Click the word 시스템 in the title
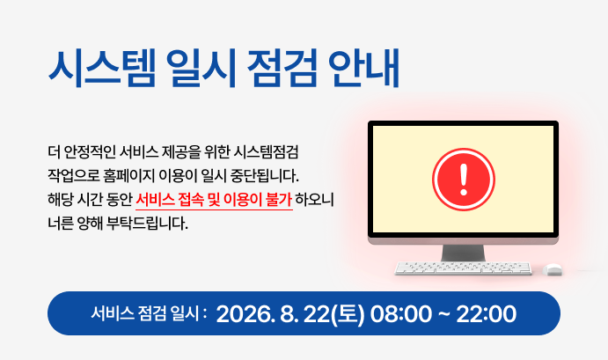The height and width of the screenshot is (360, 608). [x=102, y=68]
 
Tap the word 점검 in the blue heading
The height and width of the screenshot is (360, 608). [x=282, y=68]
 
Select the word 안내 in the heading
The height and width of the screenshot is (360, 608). [x=364, y=68]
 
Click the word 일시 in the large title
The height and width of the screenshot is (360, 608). [x=201, y=68]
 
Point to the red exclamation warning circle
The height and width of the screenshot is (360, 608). [x=464, y=180]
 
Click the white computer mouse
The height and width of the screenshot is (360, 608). [x=553, y=269]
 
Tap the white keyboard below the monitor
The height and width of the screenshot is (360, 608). [x=463, y=268]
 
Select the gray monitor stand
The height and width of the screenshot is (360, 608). [x=463, y=253]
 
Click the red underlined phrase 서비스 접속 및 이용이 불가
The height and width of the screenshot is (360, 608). [x=214, y=200]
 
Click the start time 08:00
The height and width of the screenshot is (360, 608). [x=400, y=313]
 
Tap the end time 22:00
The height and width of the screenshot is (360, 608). [x=486, y=313]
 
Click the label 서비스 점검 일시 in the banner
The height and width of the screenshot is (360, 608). [x=145, y=313]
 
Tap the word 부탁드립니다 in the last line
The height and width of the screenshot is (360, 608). [x=147, y=224]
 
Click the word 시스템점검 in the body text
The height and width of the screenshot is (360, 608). [x=266, y=152]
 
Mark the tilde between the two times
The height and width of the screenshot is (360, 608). [x=443, y=313]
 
